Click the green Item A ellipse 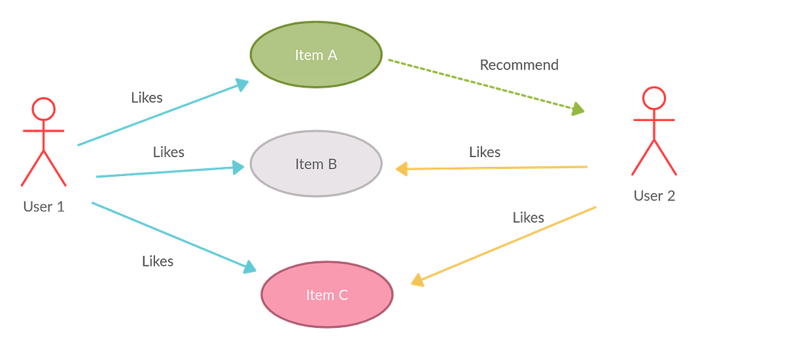click(x=315, y=55)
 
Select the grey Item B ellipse click(x=316, y=164)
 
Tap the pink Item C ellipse click(x=327, y=295)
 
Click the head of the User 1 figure click(x=43, y=109)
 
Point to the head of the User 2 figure click(x=653, y=98)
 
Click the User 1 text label click(x=43, y=207)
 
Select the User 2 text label click(x=654, y=196)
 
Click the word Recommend click(x=519, y=65)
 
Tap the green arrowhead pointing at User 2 click(x=578, y=109)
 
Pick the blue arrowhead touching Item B click(x=237, y=168)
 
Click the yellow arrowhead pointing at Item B click(x=402, y=170)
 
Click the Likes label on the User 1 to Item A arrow click(x=147, y=98)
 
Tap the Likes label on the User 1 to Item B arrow click(x=169, y=152)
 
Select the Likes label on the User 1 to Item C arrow click(x=158, y=261)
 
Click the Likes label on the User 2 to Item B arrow click(x=485, y=152)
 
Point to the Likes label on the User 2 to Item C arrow click(x=529, y=217)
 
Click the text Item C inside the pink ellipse click(x=327, y=295)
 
